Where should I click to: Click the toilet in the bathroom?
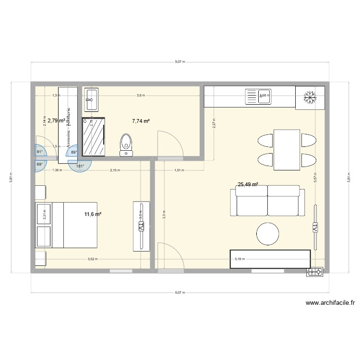coord(126,144)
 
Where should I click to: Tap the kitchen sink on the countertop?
coord(258,97)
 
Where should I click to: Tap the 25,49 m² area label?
coord(248,183)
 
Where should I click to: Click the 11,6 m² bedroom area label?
coord(93,214)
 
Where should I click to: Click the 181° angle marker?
coord(80,167)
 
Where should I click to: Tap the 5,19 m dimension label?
coord(239,259)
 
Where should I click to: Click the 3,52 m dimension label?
coord(92,259)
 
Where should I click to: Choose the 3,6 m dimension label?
coord(140,96)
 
